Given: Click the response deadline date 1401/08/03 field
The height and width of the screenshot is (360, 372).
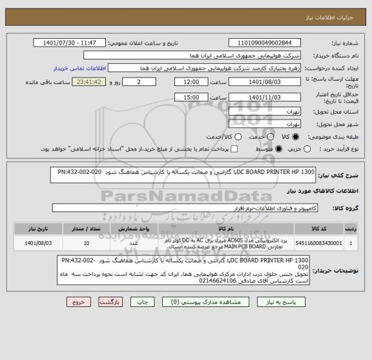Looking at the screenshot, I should [x=265, y=83].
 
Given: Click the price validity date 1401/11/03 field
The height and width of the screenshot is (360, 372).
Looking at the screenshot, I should [x=265, y=98].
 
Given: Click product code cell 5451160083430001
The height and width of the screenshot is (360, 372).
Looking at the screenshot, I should [x=319, y=243].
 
